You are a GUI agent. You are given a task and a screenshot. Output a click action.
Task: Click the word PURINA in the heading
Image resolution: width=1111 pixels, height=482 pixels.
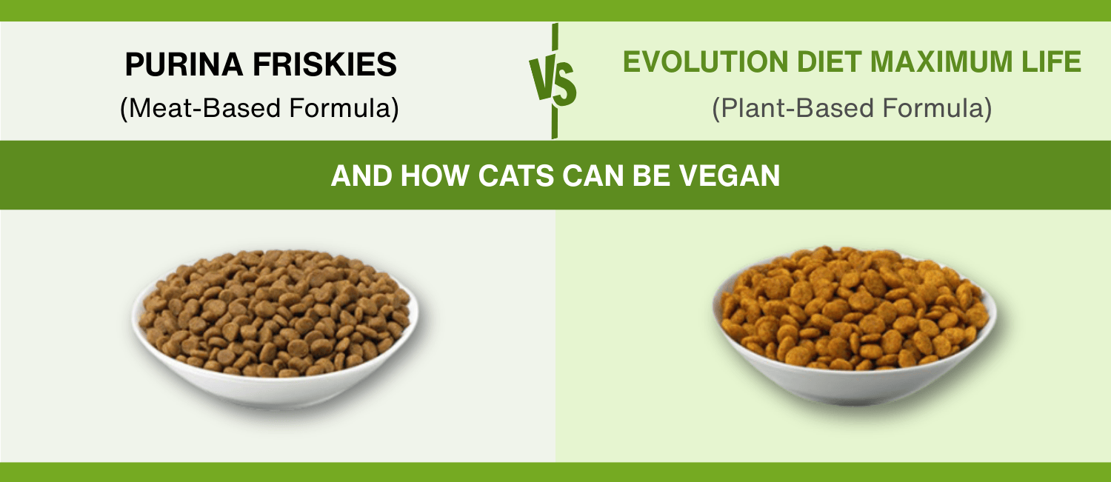184,64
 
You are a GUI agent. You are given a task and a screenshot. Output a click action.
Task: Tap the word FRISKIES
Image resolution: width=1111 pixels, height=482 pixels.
325,64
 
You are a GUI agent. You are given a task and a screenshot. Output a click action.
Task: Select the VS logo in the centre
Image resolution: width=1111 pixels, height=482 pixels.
553,81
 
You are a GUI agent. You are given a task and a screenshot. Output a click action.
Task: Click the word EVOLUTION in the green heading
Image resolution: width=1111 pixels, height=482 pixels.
705,62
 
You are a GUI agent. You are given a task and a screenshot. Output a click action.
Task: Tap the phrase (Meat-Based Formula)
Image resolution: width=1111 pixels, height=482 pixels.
259,108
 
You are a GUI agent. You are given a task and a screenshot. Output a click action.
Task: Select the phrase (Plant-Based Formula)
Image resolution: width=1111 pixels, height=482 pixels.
852,108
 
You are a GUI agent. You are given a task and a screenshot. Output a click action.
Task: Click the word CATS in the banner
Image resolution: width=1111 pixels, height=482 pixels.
516,175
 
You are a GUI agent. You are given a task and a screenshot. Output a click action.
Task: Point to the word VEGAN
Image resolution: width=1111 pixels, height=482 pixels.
729,175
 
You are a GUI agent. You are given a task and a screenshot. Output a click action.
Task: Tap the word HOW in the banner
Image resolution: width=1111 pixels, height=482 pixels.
435,175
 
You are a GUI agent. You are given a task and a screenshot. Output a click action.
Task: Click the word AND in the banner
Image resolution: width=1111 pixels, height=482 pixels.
361,175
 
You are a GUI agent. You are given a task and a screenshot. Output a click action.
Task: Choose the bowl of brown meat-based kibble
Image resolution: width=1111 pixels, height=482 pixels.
275,328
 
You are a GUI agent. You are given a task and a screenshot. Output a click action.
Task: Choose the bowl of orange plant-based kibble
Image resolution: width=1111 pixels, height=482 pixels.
855,325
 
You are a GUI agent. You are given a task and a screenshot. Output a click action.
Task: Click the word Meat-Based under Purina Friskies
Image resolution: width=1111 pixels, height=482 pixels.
205,108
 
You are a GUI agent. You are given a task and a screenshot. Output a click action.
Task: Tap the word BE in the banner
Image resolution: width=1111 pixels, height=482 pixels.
651,175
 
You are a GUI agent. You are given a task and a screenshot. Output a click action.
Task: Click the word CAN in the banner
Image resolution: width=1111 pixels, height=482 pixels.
593,175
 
